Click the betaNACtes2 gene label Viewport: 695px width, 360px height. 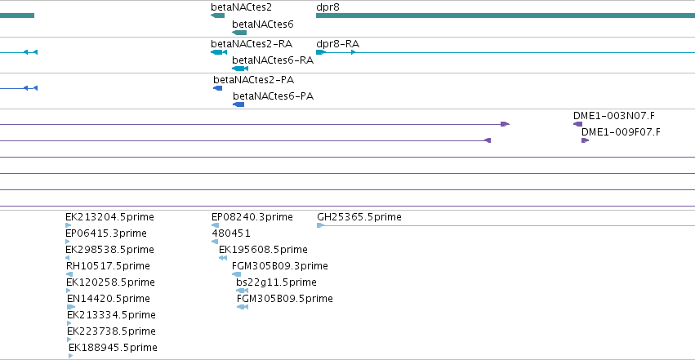click(x=241, y=7)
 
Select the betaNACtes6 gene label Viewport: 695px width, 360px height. click(x=262, y=24)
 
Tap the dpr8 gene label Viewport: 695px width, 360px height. click(x=327, y=7)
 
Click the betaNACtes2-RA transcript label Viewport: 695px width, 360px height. click(x=252, y=44)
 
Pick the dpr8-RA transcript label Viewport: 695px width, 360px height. click(x=337, y=44)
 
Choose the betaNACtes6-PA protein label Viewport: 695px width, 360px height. click(x=273, y=96)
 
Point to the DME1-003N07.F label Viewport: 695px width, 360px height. click(x=614, y=116)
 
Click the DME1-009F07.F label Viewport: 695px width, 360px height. click(x=621, y=132)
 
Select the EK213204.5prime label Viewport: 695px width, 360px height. click(x=109, y=217)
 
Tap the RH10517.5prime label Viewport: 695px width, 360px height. click(x=108, y=266)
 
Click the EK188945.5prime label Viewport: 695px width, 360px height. click(x=113, y=348)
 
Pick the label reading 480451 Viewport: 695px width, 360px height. click(x=231, y=233)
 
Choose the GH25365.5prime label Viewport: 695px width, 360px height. click(x=359, y=217)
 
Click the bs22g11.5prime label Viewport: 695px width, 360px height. click(x=276, y=282)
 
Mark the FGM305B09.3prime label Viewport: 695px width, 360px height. click(x=279, y=266)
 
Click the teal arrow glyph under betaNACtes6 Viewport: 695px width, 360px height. click(x=239, y=33)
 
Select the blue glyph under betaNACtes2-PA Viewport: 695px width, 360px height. click(x=217, y=88)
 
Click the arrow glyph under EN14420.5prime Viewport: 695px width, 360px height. click(x=71, y=307)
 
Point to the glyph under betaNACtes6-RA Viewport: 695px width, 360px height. click(x=240, y=69)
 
